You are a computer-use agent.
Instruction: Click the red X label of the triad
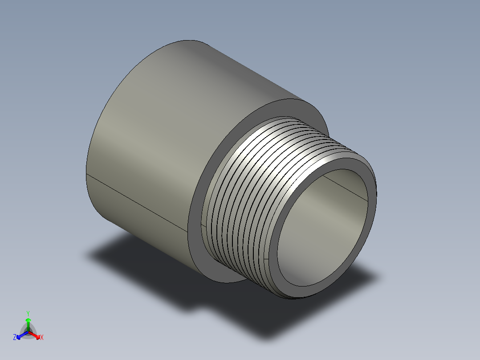(x=41, y=338)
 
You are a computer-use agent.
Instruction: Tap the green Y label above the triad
(x=28, y=313)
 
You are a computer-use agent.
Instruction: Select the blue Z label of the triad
(x=15, y=338)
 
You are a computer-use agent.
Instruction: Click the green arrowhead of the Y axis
(x=28, y=320)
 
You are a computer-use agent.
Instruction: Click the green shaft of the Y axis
(x=28, y=326)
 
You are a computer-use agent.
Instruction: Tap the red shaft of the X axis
(x=33, y=333)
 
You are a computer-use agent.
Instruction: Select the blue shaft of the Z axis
(x=23, y=334)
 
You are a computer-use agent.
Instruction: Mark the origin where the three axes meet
(x=28, y=331)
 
